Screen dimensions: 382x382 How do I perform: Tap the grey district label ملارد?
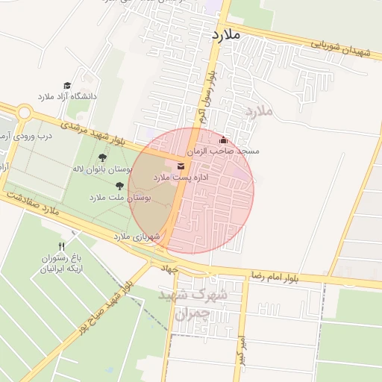(260, 112)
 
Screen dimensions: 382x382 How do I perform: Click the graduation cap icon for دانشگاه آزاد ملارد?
(66, 86)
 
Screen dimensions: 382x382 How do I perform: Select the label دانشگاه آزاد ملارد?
(67, 98)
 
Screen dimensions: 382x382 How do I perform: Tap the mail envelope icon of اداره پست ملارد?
(181, 166)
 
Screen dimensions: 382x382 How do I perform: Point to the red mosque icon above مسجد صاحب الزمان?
(223, 140)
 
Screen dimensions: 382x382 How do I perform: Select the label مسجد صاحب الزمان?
(223, 151)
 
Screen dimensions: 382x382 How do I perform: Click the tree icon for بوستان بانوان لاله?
(102, 157)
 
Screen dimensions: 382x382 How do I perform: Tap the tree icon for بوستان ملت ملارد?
(119, 186)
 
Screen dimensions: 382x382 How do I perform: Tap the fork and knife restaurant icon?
(61, 246)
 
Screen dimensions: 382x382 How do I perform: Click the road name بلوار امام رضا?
(291, 277)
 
